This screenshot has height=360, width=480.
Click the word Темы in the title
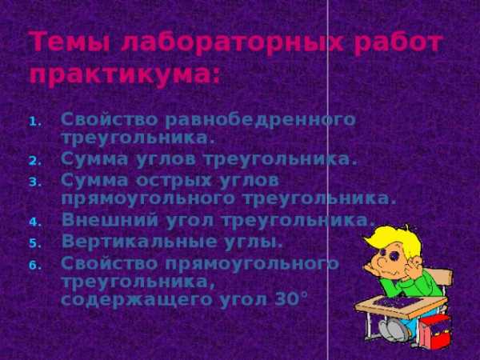pos(69,42)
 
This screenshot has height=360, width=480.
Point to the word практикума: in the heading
pos(125,75)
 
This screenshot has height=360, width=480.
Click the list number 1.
pos(35,122)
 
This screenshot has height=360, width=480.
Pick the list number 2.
pos(35,162)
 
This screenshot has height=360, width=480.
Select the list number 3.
pos(35,182)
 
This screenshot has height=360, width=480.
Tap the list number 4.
pos(35,222)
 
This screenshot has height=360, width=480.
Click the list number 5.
pos(35,244)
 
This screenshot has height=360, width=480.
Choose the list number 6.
pos(35,266)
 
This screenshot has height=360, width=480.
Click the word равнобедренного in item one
pos(261,120)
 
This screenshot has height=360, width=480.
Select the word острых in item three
pos(174,181)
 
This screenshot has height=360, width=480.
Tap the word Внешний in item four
pos(110,219)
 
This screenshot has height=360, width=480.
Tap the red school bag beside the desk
pos(435,333)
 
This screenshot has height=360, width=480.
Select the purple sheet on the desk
pos(397,302)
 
